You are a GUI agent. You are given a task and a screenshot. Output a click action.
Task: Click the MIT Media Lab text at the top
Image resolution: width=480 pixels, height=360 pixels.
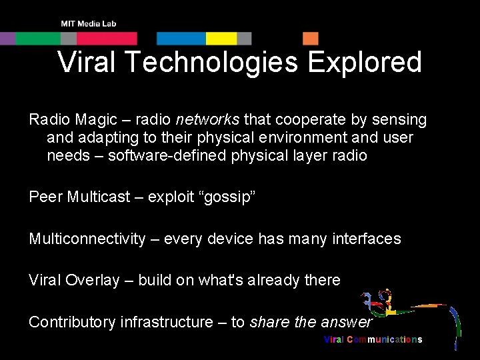88,23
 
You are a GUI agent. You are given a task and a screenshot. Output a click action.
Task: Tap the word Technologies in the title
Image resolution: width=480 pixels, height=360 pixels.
211,63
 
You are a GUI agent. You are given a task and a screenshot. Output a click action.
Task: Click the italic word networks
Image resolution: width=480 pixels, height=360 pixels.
207,120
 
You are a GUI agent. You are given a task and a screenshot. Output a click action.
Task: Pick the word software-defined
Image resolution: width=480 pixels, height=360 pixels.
166,156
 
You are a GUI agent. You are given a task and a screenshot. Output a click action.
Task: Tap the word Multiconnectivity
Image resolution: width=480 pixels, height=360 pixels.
87,239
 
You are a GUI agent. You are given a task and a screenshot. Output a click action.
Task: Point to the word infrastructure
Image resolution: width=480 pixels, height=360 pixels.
166,322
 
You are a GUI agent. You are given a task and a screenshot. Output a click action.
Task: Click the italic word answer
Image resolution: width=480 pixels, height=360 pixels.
345,322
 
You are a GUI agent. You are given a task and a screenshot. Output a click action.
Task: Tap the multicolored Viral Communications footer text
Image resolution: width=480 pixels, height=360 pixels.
373,339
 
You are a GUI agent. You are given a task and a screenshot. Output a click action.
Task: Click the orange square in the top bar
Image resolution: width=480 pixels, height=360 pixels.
311,39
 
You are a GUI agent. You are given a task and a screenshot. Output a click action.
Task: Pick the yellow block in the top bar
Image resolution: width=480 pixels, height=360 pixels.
221,39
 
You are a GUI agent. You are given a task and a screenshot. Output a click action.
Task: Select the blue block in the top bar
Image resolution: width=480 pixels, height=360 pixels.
181,39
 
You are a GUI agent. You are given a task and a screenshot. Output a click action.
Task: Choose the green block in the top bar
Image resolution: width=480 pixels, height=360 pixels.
38,39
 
